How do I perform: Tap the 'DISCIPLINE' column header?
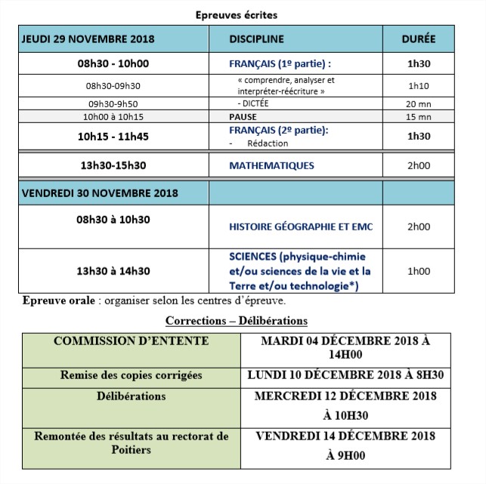(256, 39)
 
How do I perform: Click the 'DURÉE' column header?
(418, 39)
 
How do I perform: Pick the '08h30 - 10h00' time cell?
(113, 64)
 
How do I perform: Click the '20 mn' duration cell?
(418, 103)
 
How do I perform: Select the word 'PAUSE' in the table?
(243, 117)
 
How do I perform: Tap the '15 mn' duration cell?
(418, 117)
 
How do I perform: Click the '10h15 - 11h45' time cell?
(113, 137)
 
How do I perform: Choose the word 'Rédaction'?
(260, 143)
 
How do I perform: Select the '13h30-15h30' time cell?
(113, 165)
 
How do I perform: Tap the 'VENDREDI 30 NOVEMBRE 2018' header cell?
(100, 193)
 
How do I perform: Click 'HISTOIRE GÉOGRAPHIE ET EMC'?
(301, 227)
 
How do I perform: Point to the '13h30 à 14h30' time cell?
(113, 271)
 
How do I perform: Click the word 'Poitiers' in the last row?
(131, 449)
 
